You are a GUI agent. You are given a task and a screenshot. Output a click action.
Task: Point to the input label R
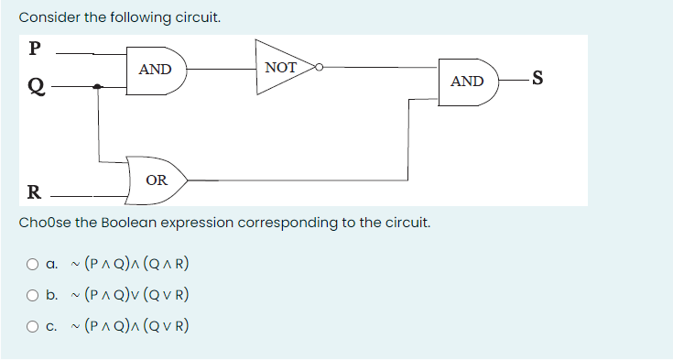(x=34, y=192)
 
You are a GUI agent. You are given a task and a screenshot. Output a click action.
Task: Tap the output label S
(x=537, y=81)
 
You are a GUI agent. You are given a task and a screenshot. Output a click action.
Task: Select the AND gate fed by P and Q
(x=156, y=70)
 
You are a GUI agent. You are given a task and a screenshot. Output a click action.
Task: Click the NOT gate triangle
(x=282, y=67)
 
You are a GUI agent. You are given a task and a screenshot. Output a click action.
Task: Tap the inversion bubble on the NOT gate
(x=320, y=67)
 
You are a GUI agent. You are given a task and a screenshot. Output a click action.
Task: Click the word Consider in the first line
(x=47, y=17)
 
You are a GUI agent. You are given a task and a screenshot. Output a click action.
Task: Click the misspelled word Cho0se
(x=43, y=223)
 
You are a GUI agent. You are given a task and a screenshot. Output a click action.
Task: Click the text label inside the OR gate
(x=157, y=180)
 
